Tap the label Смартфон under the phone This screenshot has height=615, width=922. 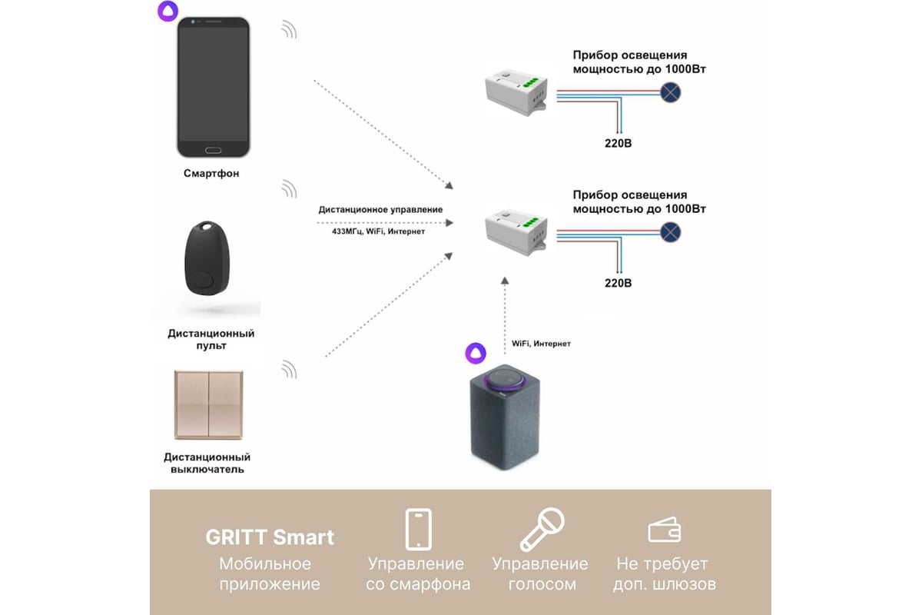point(211,174)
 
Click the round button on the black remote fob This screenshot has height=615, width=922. point(204,278)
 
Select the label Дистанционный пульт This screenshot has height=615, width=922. point(211,340)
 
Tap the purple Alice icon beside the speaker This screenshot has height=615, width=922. point(476,353)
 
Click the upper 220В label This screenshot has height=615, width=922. point(618,143)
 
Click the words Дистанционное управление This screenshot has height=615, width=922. point(380,209)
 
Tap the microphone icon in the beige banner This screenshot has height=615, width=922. point(542,529)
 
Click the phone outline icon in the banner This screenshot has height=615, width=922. point(418,530)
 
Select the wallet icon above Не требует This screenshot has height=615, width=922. point(663,530)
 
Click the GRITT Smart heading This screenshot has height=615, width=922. point(270,537)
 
